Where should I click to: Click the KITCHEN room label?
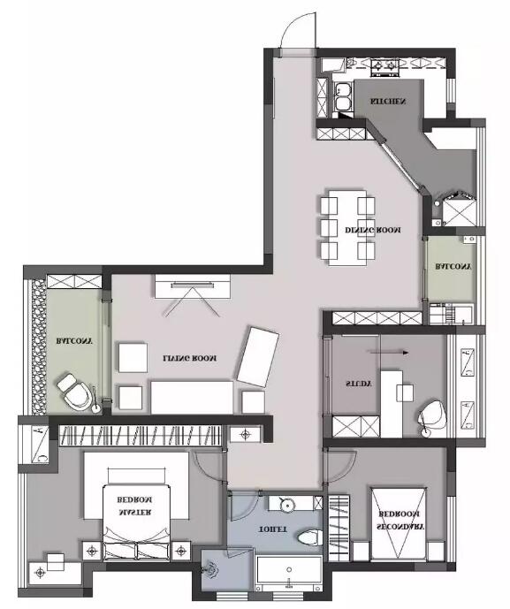388,102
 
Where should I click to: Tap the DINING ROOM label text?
373,230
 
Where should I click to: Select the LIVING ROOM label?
189,358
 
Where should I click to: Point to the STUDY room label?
358,384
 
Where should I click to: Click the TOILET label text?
272,529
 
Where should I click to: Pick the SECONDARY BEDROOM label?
400,521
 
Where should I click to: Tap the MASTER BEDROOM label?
134,506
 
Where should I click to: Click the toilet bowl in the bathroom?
310,538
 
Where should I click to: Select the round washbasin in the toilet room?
287,505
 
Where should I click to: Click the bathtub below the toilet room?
289,573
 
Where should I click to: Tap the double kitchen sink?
343,97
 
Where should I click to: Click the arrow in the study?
389,353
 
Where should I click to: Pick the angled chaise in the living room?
257,356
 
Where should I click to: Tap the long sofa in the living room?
192,398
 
